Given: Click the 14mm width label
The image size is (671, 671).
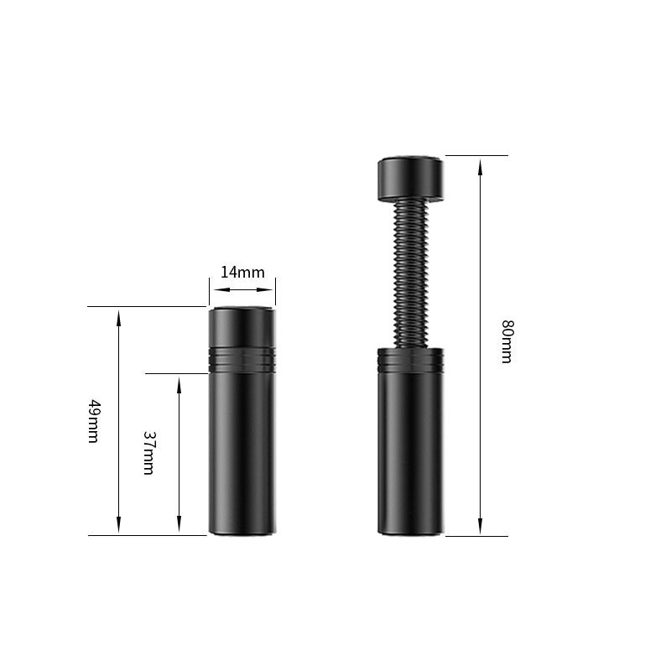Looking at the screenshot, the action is point(242,273).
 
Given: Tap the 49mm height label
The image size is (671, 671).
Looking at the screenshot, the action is point(94,421).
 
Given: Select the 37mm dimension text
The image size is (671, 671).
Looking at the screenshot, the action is point(148,453).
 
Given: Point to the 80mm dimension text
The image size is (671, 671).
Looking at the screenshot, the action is point(507,341).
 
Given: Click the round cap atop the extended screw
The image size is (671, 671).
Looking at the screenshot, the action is point(410,179).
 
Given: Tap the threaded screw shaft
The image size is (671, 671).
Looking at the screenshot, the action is point(410,274).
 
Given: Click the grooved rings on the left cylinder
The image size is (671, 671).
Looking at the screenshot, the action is point(242,360).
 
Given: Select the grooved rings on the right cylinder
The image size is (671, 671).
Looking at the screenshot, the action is point(410,359).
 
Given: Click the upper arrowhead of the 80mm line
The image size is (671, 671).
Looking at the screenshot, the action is point(480,167).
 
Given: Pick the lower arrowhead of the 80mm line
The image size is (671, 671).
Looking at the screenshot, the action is point(480,526).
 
